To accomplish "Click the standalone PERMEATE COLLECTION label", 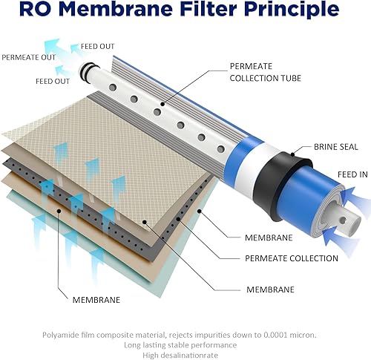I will tap(291, 258).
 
